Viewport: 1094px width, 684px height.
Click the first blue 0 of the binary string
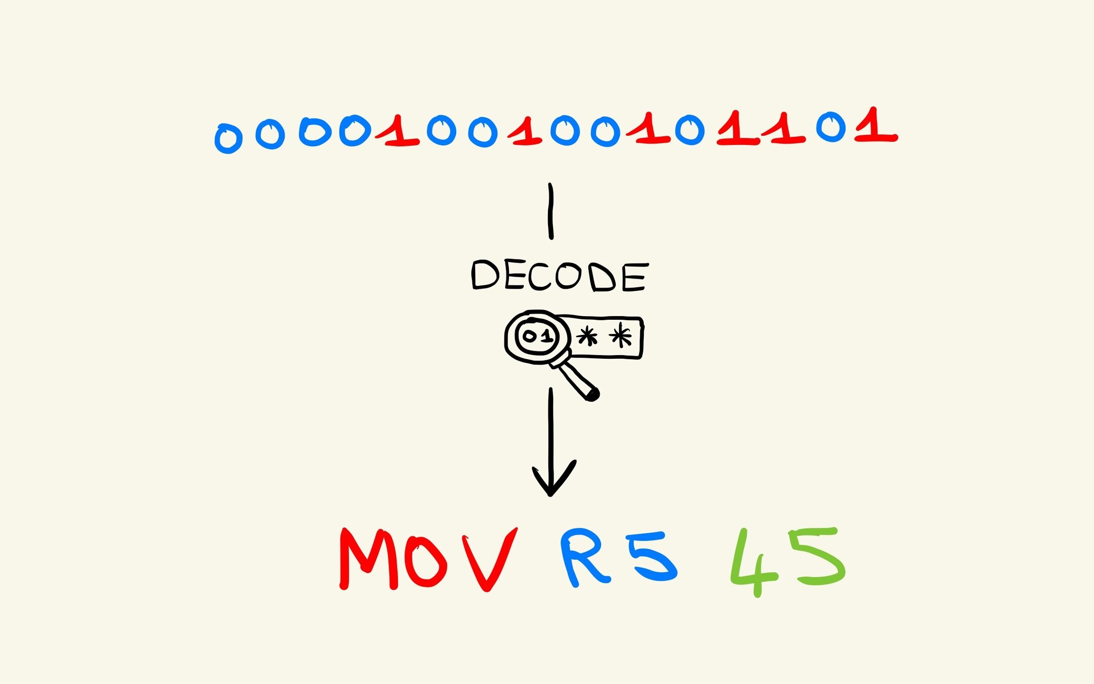pos(228,138)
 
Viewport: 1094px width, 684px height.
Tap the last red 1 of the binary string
pos(875,127)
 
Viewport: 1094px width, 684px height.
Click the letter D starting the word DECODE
pos(485,275)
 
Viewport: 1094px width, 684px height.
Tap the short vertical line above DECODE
pos(551,211)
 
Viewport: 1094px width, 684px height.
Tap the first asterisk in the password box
pos(587,336)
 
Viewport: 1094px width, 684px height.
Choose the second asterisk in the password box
pos(621,335)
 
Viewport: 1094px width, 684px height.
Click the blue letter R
pos(582,557)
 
